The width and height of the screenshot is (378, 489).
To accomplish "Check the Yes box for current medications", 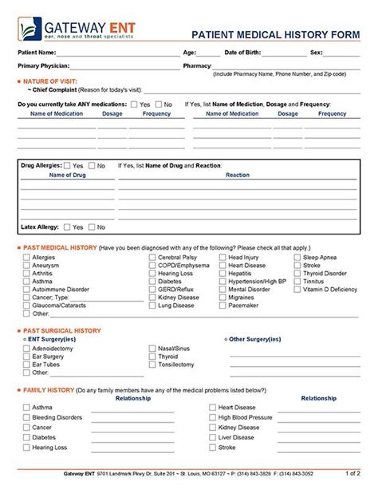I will coord(134,104).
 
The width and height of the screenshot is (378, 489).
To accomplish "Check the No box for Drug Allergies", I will coord(90,165).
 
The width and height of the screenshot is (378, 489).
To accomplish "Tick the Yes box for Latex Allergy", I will coord(67,227).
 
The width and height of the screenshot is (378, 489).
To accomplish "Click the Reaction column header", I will coord(238,175).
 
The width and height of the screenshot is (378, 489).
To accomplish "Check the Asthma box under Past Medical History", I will coord(26,281).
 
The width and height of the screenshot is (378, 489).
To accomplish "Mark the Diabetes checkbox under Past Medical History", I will coord(152,281).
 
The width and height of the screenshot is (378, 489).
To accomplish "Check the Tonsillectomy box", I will coord(152,364).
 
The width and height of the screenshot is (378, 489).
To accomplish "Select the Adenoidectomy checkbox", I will coord(26,348).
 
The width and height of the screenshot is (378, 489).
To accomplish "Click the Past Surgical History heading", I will coord(62,329).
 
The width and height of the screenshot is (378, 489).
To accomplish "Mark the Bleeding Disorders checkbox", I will coord(26,417).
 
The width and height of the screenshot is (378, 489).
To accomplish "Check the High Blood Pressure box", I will coord(212,417).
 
